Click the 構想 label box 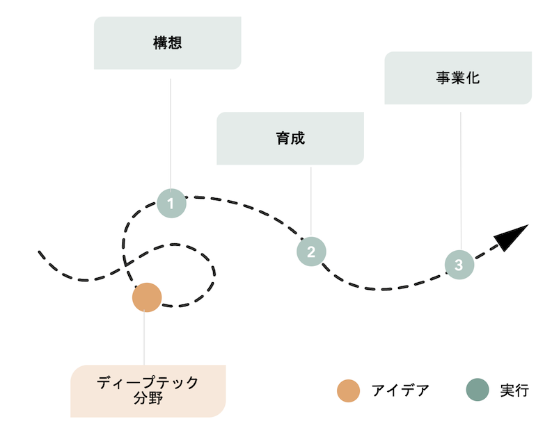tap(168, 43)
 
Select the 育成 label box tap(290, 138)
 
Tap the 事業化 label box tap(458, 78)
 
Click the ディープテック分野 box tap(148, 391)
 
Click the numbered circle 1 tap(171, 203)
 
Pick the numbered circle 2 tap(311, 252)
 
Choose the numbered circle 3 tap(459, 265)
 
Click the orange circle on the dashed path tap(147, 297)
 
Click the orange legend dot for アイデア tap(348, 391)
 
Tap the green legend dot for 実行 tap(478, 390)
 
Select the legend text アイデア tap(400, 391)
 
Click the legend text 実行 tap(514, 391)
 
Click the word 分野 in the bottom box tap(148, 398)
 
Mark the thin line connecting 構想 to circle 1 tap(171, 134)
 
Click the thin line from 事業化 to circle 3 tap(461, 181)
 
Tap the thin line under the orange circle tap(144, 338)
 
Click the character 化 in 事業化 tap(473, 78)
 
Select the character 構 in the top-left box tap(160, 43)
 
